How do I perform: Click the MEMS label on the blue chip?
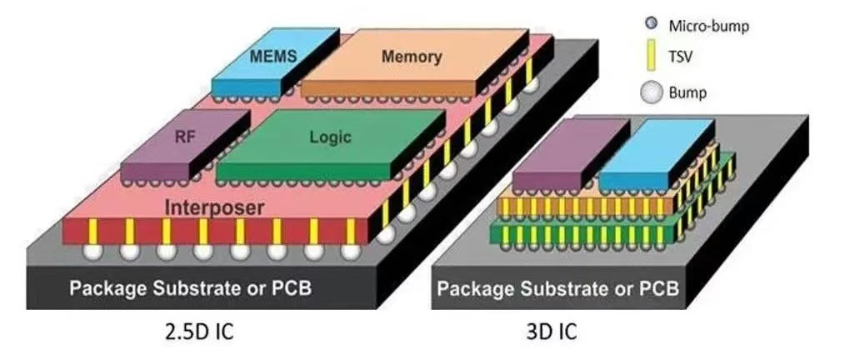(x=273, y=56)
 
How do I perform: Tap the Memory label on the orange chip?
(x=412, y=56)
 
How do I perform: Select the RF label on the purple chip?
(x=185, y=137)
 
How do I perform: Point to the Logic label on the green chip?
(x=331, y=137)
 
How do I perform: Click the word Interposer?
(x=214, y=207)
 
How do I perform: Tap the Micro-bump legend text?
(x=708, y=26)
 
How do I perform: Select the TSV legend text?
(x=680, y=56)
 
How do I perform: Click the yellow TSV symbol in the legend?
(x=650, y=56)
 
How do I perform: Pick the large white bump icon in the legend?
(x=650, y=92)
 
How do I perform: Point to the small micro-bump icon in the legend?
(x=650, y=24)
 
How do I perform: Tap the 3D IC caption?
(x=552, y=332)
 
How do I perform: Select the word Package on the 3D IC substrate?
(x=474, y=287)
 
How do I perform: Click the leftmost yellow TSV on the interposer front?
(x=92, y=232)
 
